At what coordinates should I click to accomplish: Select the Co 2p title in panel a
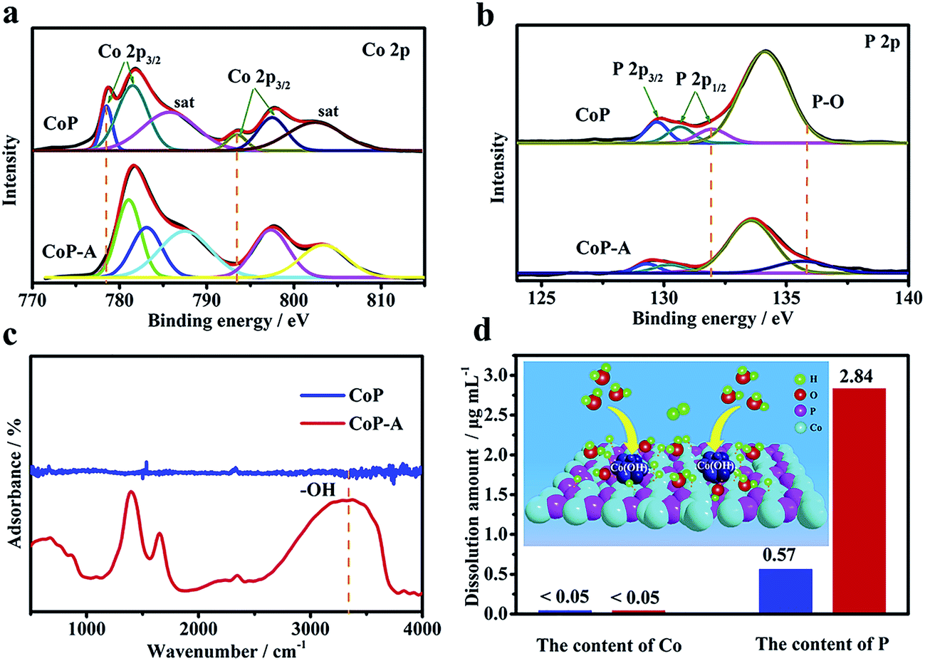[386, 51]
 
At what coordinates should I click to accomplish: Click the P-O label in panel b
[830, 102]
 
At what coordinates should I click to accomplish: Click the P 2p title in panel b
[882, 43]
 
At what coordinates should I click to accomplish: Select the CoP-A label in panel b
[602, 248]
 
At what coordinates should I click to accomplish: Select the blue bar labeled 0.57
[785, 591]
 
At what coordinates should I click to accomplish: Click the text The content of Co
[609, 645]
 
